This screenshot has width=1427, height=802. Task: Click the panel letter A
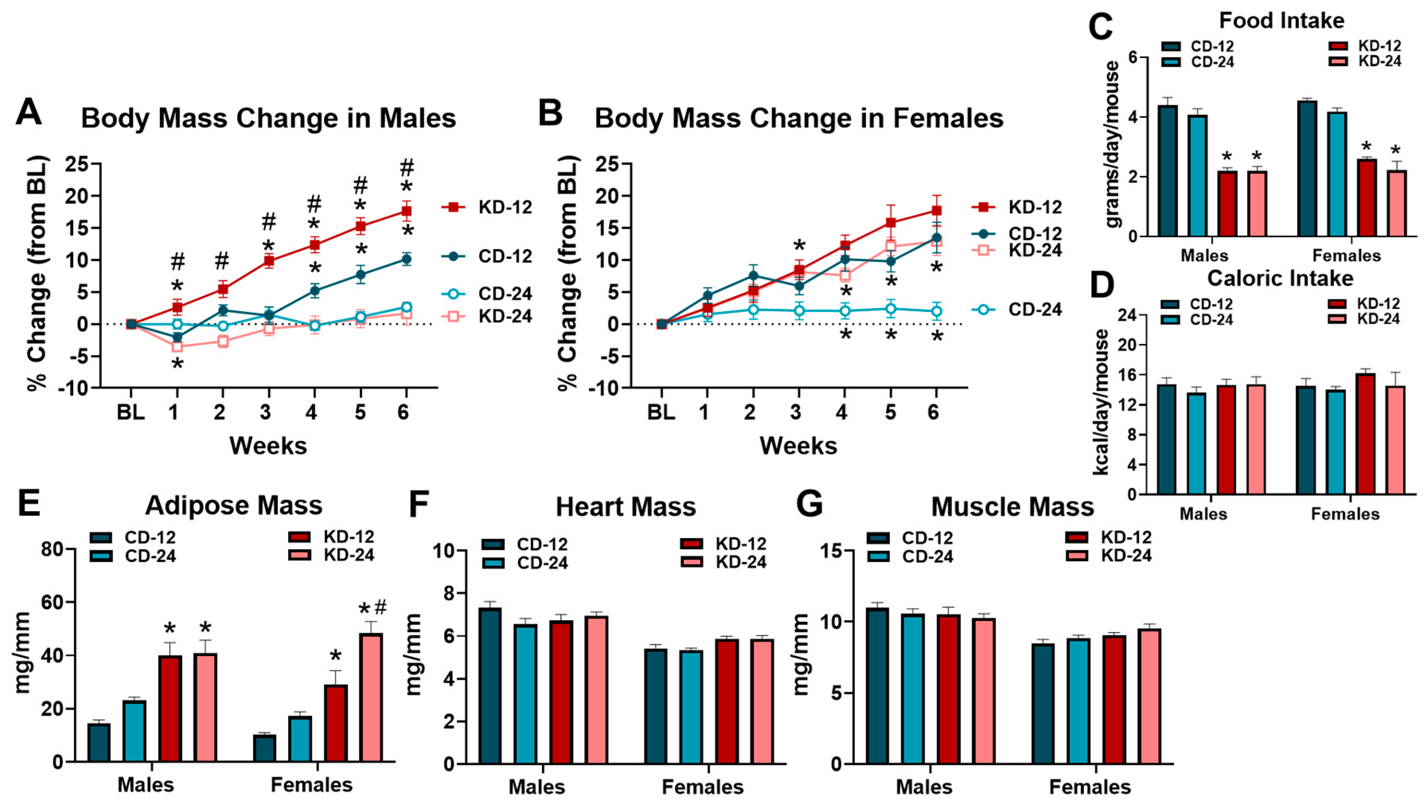pyautogui.click(x=29, y=113)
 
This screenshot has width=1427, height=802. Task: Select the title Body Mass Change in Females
pyautogui.click(x=799, y=118)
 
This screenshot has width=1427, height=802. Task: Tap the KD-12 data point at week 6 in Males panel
pyautogui.click(x=406, y=211)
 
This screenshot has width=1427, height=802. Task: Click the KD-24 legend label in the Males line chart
pyautogui.click(x=505, y=316)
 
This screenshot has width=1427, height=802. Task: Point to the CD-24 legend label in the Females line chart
pyautogui.click(x=1035, y=309)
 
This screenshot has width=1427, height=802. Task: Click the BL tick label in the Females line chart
pyautogui.click(x=661, y=412)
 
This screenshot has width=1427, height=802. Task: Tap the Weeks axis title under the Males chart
pyautogui.click(x=268, y=446)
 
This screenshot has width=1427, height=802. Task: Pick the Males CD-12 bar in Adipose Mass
pyautogui.click(x=99, y=742)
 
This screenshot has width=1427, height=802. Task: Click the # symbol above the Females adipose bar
pyautogui.click(x=380, y=607)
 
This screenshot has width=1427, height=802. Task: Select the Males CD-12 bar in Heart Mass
pyautogui.click(x=490, y=686)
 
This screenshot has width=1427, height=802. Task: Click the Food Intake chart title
pyautogui.click(x=1281, y=21)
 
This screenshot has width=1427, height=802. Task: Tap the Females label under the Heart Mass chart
pyautogui.click(x=702, y=786)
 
